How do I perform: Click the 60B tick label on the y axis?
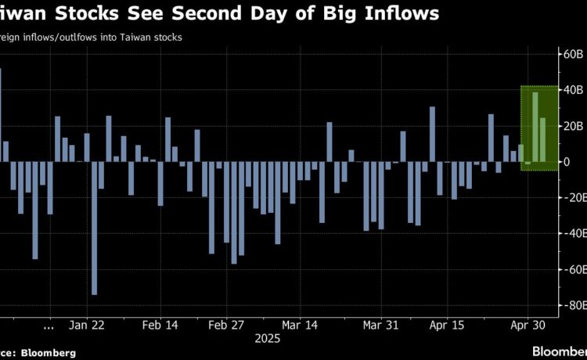click(x=573, y=54)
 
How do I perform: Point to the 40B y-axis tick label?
click(x=573, y=90)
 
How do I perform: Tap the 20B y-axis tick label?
click(x=573, y=126)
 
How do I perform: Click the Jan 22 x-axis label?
click(x=87, y=324)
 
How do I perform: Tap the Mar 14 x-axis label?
click(x=300, y=324)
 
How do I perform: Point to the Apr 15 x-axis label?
click(x=447, y=324)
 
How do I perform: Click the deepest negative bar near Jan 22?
click(x=94, y=228)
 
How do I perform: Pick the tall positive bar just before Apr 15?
click(x=432, y=134)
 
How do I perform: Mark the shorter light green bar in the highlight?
click(x=542, y=140)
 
